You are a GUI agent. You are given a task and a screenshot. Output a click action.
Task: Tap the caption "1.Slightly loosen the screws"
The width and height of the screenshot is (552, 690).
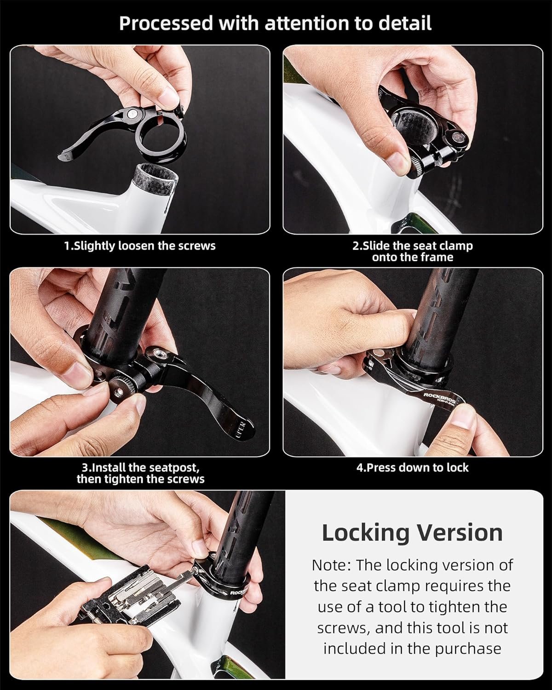click(140, 246)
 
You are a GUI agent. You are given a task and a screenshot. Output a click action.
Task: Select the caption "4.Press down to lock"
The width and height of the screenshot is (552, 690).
click(412, 468)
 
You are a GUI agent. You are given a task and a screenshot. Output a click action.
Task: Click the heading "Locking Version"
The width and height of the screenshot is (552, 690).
click(412, 533)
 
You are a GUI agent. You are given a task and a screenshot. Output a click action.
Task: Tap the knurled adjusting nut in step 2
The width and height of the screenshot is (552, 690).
click(417, 165)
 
